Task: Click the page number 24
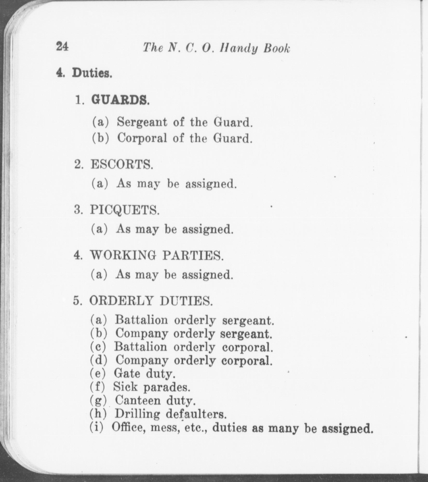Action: click(62, 46)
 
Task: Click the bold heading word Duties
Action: click(92, 73)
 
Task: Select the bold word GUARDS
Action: click(120, 100)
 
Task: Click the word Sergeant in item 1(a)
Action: click(142, 122)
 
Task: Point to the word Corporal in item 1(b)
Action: click(142, 138)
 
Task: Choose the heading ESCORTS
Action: click(122, 164)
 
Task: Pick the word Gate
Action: click(127, 373)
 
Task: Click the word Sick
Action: click(125, 387)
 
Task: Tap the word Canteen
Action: click(138, 400)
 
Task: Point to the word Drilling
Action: click(137, 414)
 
